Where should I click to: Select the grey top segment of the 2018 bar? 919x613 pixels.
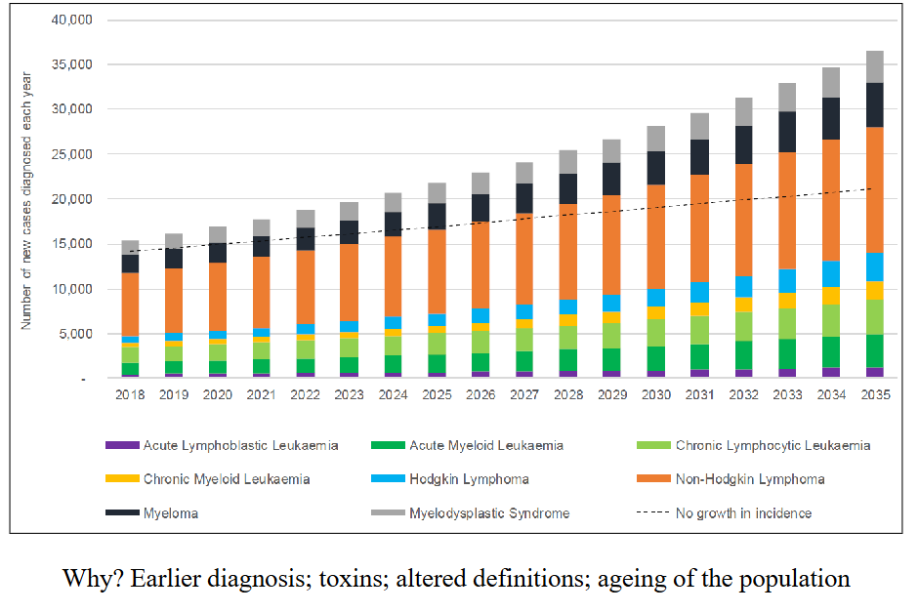(x=130, y=248)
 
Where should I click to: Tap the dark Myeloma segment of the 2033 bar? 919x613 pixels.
(x=786, y=132)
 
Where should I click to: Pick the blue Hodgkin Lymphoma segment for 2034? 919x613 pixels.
(x=830, y=273)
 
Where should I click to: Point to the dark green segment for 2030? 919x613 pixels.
(x=655, y=358)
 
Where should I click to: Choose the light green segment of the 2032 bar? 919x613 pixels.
(x=743, y=326)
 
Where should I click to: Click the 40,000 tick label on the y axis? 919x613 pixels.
(x=70, y=20)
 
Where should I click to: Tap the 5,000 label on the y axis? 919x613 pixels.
(x=74, y=334)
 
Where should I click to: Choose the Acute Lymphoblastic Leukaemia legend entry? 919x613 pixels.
(x=240, y=446)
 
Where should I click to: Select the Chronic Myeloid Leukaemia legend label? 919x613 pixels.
(x=226, y=479)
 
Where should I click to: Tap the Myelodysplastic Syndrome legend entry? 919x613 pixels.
(x=489, y=513)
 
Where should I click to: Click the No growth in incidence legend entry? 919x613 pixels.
(x=743, y=513)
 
